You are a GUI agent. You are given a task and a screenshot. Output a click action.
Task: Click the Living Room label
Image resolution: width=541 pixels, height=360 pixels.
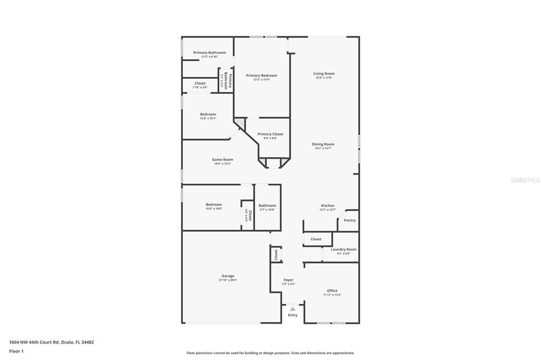(324, 74)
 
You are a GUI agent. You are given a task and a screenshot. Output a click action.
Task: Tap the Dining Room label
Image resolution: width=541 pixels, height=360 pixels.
(323, 144)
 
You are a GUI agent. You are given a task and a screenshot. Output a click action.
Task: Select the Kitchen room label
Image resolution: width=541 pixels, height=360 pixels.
(328, 206)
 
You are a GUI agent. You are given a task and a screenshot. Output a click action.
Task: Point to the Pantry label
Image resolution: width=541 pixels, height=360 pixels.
(350, 220)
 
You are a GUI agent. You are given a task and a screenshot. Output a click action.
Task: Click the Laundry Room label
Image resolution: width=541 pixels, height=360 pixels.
(343, 249)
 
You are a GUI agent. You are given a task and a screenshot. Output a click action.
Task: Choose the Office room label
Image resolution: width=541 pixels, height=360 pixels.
(332, 291)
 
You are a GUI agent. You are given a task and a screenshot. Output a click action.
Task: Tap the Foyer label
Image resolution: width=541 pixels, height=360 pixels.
(288, 280)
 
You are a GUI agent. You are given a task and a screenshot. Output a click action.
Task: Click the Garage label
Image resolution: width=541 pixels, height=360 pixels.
(228, 276)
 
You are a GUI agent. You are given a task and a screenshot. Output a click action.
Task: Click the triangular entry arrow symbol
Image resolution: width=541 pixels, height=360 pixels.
(293, 309)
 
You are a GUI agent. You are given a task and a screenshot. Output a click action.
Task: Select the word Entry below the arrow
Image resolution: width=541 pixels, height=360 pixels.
(293, 315)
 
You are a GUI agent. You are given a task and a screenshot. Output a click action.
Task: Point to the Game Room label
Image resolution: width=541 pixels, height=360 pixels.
(222, 159)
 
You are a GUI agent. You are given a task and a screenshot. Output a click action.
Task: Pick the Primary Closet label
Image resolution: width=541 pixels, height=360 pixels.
(270, 134)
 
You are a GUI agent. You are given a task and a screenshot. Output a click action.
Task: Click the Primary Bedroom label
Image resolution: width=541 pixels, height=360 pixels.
(262, 75)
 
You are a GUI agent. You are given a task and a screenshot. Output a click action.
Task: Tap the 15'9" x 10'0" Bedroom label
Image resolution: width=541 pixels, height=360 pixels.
(214, 205)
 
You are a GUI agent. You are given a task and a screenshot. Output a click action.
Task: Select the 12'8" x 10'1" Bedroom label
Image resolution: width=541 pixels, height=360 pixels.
(208, 115)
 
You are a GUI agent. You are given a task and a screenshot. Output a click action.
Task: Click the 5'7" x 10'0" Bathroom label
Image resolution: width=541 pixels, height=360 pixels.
(267, 206)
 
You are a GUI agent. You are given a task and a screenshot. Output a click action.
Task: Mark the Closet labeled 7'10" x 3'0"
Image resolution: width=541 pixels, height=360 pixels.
(200, 83)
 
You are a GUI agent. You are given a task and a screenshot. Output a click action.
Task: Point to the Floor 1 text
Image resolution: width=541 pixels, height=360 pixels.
(17, 351)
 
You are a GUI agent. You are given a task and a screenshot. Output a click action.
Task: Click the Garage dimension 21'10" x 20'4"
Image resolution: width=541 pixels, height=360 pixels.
(228, 280)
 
